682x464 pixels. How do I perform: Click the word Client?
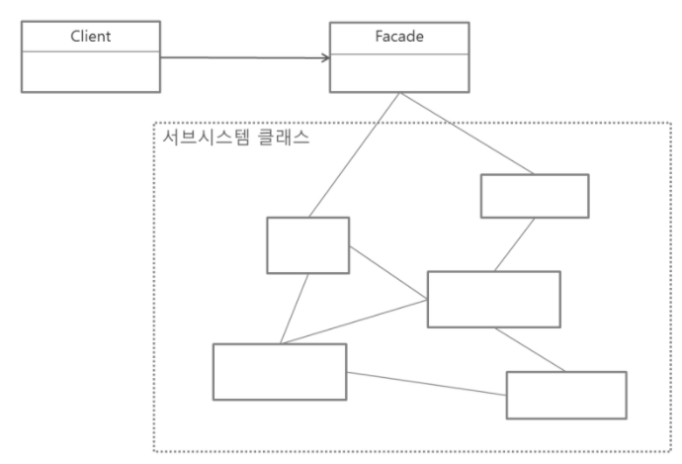tap(90, 37)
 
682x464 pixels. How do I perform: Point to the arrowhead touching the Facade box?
tap(324, 58)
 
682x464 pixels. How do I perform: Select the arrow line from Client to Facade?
tap(242, 58)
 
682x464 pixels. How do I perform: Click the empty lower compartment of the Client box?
tap(90, 71)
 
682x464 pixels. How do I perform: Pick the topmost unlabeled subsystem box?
tap(535, 195)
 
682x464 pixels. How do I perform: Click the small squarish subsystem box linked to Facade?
tap(307, 244)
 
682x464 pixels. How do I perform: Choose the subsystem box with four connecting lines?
tap(493, 298)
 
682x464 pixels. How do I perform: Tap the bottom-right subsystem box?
tap(566, 395)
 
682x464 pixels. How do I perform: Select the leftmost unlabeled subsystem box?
tap(280, 371)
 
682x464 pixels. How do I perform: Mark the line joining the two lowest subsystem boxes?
tap(425, 382)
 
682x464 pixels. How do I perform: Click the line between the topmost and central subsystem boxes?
tap(513, 243)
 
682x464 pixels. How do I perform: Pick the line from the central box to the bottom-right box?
tap(530, 349)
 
